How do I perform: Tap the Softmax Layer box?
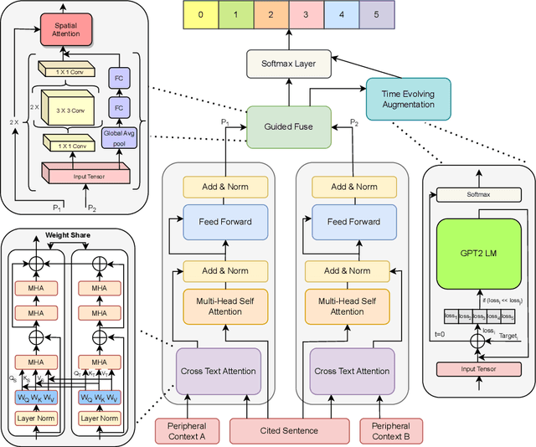[287, 63]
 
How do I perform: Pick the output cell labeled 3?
[305, 14]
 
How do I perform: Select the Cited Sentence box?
[291, 430]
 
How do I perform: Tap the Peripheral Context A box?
[193, 430]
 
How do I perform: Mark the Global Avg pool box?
[116, 136]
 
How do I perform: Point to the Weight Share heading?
[69, 235]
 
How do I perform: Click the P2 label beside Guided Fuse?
[353, 122]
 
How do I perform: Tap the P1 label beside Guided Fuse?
[224, 122]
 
